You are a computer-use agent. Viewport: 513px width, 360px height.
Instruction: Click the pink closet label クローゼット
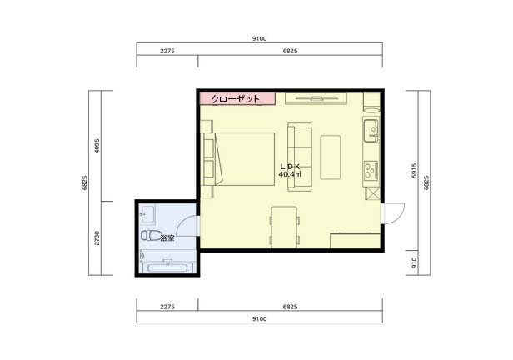pyautogui.click(x=236, y=99)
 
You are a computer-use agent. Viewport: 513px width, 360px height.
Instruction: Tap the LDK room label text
pyautogui.click(x=290, y=167)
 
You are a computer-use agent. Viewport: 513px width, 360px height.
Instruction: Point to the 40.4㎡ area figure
pyautogui.click(x=290, y=174)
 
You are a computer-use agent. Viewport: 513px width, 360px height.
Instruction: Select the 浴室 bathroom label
pyautogui.click(x=167, y=238)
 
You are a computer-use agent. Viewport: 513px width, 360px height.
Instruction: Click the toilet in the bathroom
pyautogui.click(x=151, y=235)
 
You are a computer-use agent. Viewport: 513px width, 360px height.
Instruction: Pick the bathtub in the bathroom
pyautogui.click(x=168, y=267)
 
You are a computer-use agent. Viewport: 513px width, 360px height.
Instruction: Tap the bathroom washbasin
pyautogui.click(x=147, y=215)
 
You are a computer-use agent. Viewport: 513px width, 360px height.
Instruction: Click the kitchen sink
pyautogui.click(x=371, y=131)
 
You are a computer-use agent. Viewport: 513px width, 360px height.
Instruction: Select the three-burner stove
pyautogui.click(x=371, y=170)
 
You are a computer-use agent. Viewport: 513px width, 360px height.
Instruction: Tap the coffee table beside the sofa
pyautogui.click(x=330, y=157)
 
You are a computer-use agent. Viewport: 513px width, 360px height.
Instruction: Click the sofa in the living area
pyautogui.click(x=299, y=157)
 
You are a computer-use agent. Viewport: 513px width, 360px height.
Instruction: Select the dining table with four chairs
pyautogui.click(x=284, y=227)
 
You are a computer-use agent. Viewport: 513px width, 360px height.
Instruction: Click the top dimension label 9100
pyautogui.click(x=259, y=38)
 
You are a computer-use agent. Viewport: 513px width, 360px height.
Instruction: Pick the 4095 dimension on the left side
pyautogui.click(x=97, y=146)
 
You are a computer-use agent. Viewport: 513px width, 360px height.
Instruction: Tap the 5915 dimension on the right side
pyautogui.click(x=414, y=171)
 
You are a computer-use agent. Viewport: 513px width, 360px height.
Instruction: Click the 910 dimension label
pyautogui.click(x=414, y=262)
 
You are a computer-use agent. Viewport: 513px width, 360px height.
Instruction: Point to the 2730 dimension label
pyautogui.click(x=97, y=238)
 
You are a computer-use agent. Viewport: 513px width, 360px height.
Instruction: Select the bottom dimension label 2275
pyautogui.click(x=167, y=307)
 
